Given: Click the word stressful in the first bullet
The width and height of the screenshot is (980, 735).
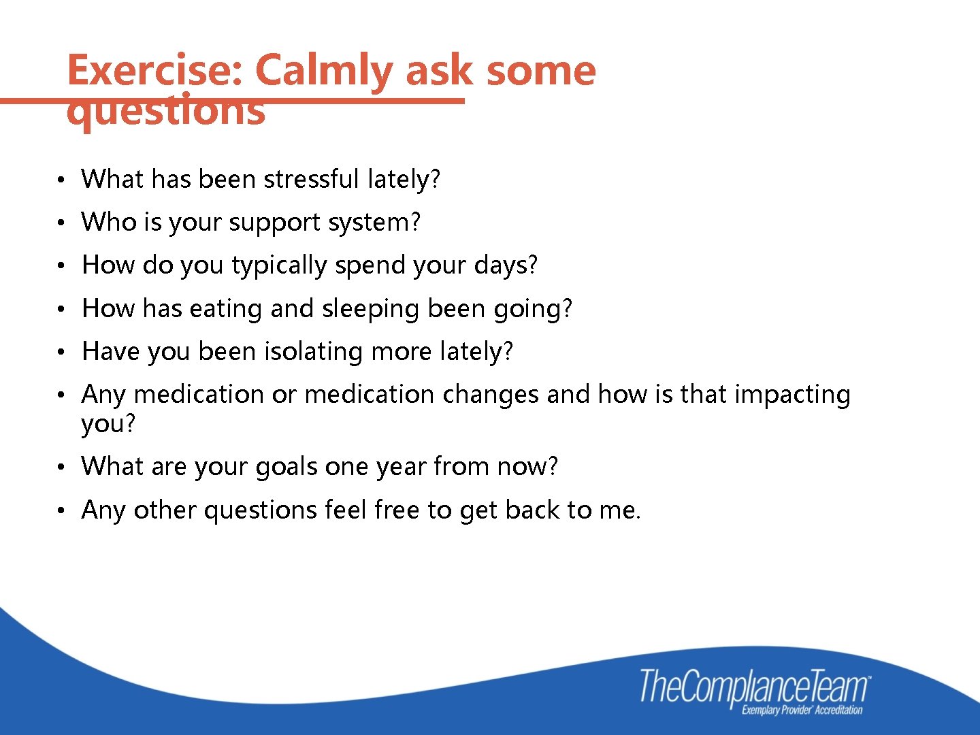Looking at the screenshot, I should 311,179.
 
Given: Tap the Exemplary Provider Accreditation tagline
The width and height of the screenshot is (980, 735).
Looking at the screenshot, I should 802,710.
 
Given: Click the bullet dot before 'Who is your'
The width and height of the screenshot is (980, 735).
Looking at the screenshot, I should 61,223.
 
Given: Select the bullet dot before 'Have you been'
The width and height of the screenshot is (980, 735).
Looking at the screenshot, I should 61,353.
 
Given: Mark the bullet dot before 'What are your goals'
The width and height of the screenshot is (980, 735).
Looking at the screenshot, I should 61,468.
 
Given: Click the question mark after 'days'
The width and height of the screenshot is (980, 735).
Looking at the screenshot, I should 532,265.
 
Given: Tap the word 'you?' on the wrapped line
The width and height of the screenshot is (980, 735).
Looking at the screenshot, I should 108,424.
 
